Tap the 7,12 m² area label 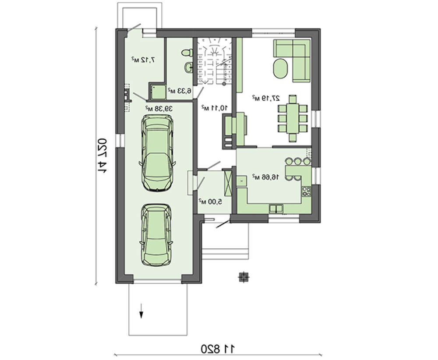[143, 60]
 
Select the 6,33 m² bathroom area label [179, 91]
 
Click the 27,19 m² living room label [266, 98]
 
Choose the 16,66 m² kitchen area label [266, 177]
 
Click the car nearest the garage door [156, 235]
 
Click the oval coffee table [280, 69]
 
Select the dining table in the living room [293, 119]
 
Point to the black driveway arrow [141, 311]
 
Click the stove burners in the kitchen [307, 191]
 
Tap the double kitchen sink [276, 208]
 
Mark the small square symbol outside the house [243, 277]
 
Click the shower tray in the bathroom [158, 92]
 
